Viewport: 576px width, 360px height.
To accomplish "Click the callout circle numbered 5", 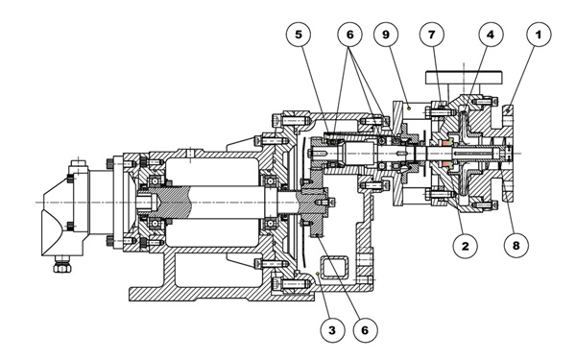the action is (299, 35).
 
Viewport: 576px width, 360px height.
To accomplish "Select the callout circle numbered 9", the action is (386, 35).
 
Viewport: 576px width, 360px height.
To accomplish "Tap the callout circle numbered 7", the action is (432, 35).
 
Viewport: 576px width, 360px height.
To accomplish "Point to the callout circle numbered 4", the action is (491, 35).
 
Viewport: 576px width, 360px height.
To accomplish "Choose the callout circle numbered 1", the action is (539, 35).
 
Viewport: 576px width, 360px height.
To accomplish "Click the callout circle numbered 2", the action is (465, 246).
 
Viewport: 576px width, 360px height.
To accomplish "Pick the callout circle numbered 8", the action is (516, 246).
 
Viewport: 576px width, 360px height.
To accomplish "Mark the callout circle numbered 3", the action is (332, 330).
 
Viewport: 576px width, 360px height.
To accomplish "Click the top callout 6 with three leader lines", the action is (349, 35).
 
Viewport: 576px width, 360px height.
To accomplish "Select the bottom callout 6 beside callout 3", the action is (365, 330).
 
